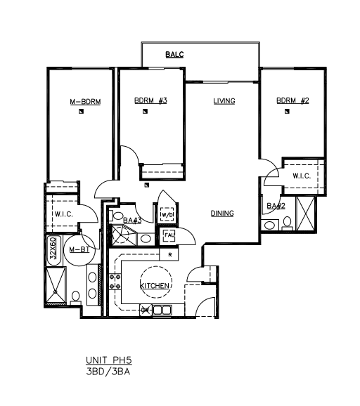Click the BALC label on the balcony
tap(174, 55)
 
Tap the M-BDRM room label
tap(85, 102)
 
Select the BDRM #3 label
tap(150, 100)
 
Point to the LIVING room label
tap(224, 101)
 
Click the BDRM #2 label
tap(292, 100)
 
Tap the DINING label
tap(222, 214)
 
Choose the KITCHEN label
tap(155, 286)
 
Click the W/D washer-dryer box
tap(167, 214)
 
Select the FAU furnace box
tap(169, 235)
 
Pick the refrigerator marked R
tap(169, 255)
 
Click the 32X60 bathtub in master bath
tap(54, 250)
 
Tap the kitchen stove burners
tap(115, 282)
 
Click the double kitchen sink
tap(162, 310)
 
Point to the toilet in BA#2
tap(287, 223)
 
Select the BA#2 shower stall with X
tap(305, 214)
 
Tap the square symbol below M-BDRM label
tap(82, 112)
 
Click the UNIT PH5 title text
tap(109, 360)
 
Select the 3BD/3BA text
tap(108, 372)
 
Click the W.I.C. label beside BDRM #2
tap(302, 176)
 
